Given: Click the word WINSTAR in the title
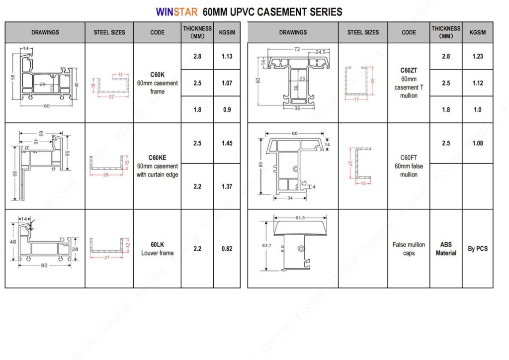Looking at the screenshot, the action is [176, 12].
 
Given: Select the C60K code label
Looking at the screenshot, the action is [157, 75].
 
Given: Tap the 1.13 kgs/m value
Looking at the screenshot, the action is [227, 56].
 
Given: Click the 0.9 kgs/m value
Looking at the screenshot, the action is [227, 109].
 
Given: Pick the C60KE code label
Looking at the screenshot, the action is [157, 158].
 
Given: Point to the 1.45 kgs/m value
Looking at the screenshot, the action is [227, 143].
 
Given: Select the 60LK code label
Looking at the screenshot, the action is [157, 245].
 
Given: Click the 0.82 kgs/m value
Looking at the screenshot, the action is [227, 249].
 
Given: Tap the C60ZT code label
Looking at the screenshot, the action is [409, 71].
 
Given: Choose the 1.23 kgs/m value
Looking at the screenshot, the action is [478, 56].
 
